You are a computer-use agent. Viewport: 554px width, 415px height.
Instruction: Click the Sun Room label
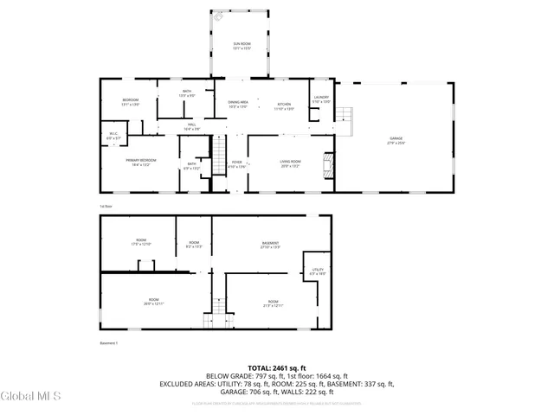pyautogui.click(x=241, y=45)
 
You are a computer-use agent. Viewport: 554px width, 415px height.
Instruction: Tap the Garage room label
pyautogui.click(x=396, y=141)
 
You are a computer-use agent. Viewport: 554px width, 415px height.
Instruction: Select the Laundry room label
pyautogui.click(x=321, y=99)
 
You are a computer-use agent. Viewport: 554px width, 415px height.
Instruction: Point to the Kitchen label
pyautogui.click(x=286, y=106)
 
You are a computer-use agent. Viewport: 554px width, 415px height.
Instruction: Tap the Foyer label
pyautogui.click(x=236, y=164)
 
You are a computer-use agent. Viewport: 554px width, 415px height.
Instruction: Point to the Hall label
pyautogui.click(x=190, y=126)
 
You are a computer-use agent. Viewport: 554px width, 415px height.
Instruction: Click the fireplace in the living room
pyautogui.click(x=327, y=165)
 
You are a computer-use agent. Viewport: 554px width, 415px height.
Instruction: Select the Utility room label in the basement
pyautogui.click(x=318, y=271)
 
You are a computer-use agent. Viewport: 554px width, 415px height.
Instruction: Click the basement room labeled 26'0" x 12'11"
pyautogui.click(x=153, y=303)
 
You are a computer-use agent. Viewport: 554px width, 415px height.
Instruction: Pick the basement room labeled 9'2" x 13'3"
pyautogui.click(x=194, y=245)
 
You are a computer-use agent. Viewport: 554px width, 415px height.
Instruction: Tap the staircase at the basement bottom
pyautogui.click(x=208, y=321)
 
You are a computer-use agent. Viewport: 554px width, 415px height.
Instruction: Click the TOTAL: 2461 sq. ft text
pyautogui.click(x=276, y=368)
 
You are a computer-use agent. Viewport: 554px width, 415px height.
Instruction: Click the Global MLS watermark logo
pyautogui.click(x=30, y=396)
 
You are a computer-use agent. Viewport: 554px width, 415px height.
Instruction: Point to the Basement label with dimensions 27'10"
pyautogui.click(x=271, y=245)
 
